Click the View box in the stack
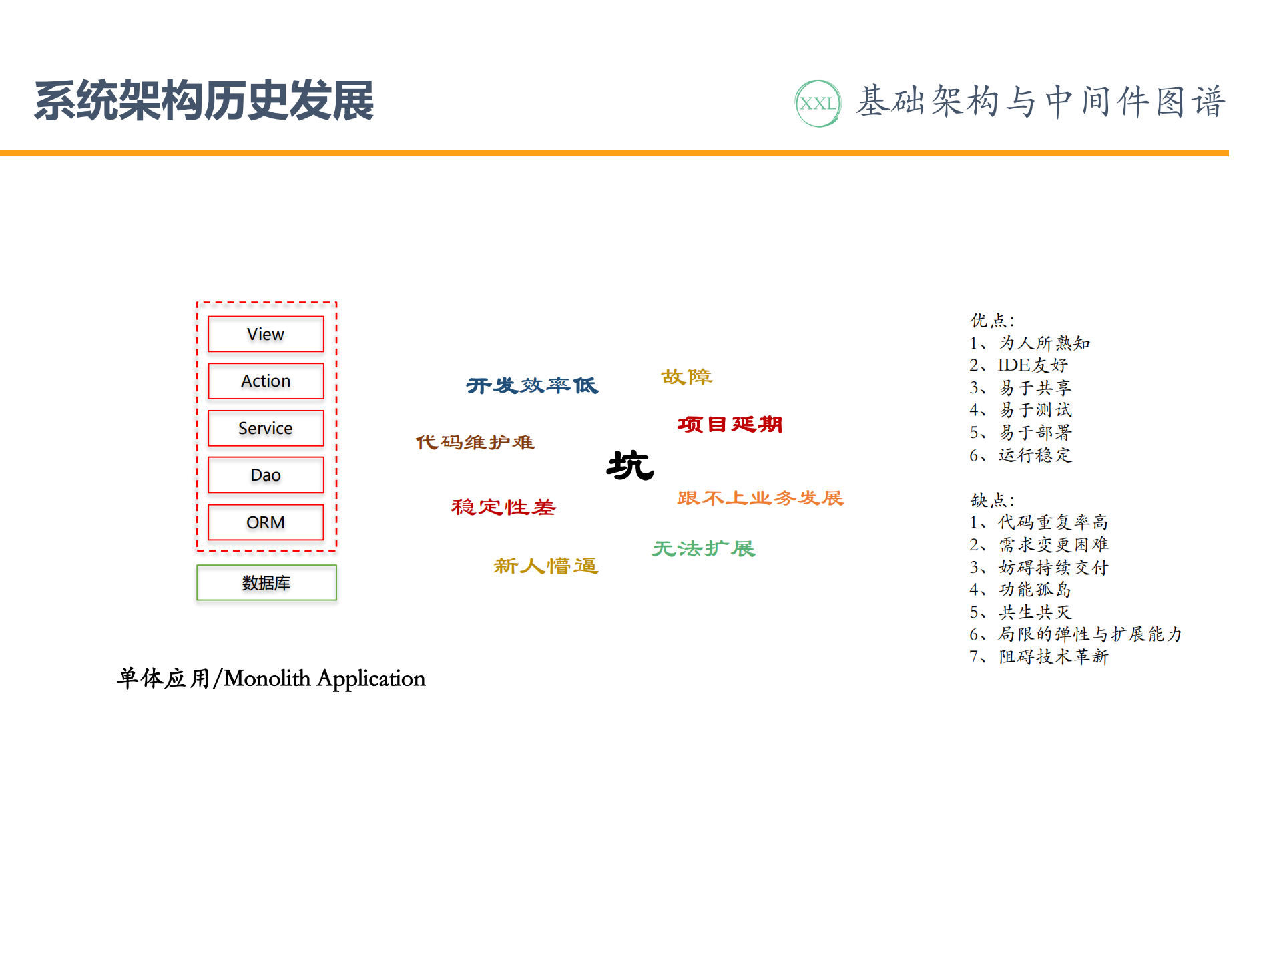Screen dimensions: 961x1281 (266, 334)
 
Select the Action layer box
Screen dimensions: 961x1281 (266, 381)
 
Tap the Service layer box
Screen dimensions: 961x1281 (266, 428)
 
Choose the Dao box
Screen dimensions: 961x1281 (266, 475)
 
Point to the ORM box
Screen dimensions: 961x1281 (266, 522)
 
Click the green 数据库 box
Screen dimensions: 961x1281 (266, 583)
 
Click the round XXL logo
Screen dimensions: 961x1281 (818, 104)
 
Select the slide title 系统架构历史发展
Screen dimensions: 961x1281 (204, 102)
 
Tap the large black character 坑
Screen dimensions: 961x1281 (630, 465)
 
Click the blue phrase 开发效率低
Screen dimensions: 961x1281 (532, 385)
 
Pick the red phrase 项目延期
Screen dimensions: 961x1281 (730, 424)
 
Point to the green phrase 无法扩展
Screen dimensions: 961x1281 (704, 548)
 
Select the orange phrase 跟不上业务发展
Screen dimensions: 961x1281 (760, 498)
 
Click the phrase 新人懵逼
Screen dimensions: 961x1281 (546, 566)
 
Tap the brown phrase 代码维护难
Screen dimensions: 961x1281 (475, 442)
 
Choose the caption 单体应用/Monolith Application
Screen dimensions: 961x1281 (271, 679)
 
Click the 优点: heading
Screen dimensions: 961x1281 (992, 321)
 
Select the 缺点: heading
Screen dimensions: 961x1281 (992, 500)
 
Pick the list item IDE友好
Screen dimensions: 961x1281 (1032, 365)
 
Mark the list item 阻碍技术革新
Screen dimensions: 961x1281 (1053, 657)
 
